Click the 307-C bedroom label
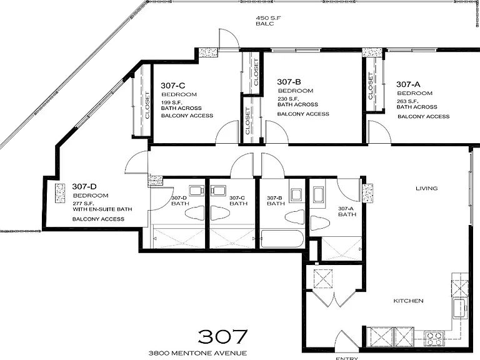coord(173,86)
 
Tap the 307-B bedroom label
coord(289,82)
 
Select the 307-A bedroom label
coord(408,84)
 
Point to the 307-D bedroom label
coord(84,186)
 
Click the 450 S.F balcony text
coord(268,21)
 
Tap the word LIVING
coord(426,188)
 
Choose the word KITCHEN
coord(408,301)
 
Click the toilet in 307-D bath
coord(195,213)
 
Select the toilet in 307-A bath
coord(319,223)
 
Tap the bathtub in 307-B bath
coord(282,239)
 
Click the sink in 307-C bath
coord(218,191)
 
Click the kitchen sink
coord(459,309)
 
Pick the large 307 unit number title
coord(222,336)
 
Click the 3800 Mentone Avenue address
coord(197,353)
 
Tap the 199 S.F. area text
coord(171,102)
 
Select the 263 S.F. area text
coord(407,101)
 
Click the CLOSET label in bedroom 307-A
coord(371,86)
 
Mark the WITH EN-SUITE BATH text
coord(102,209)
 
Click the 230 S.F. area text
coord(288,99)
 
